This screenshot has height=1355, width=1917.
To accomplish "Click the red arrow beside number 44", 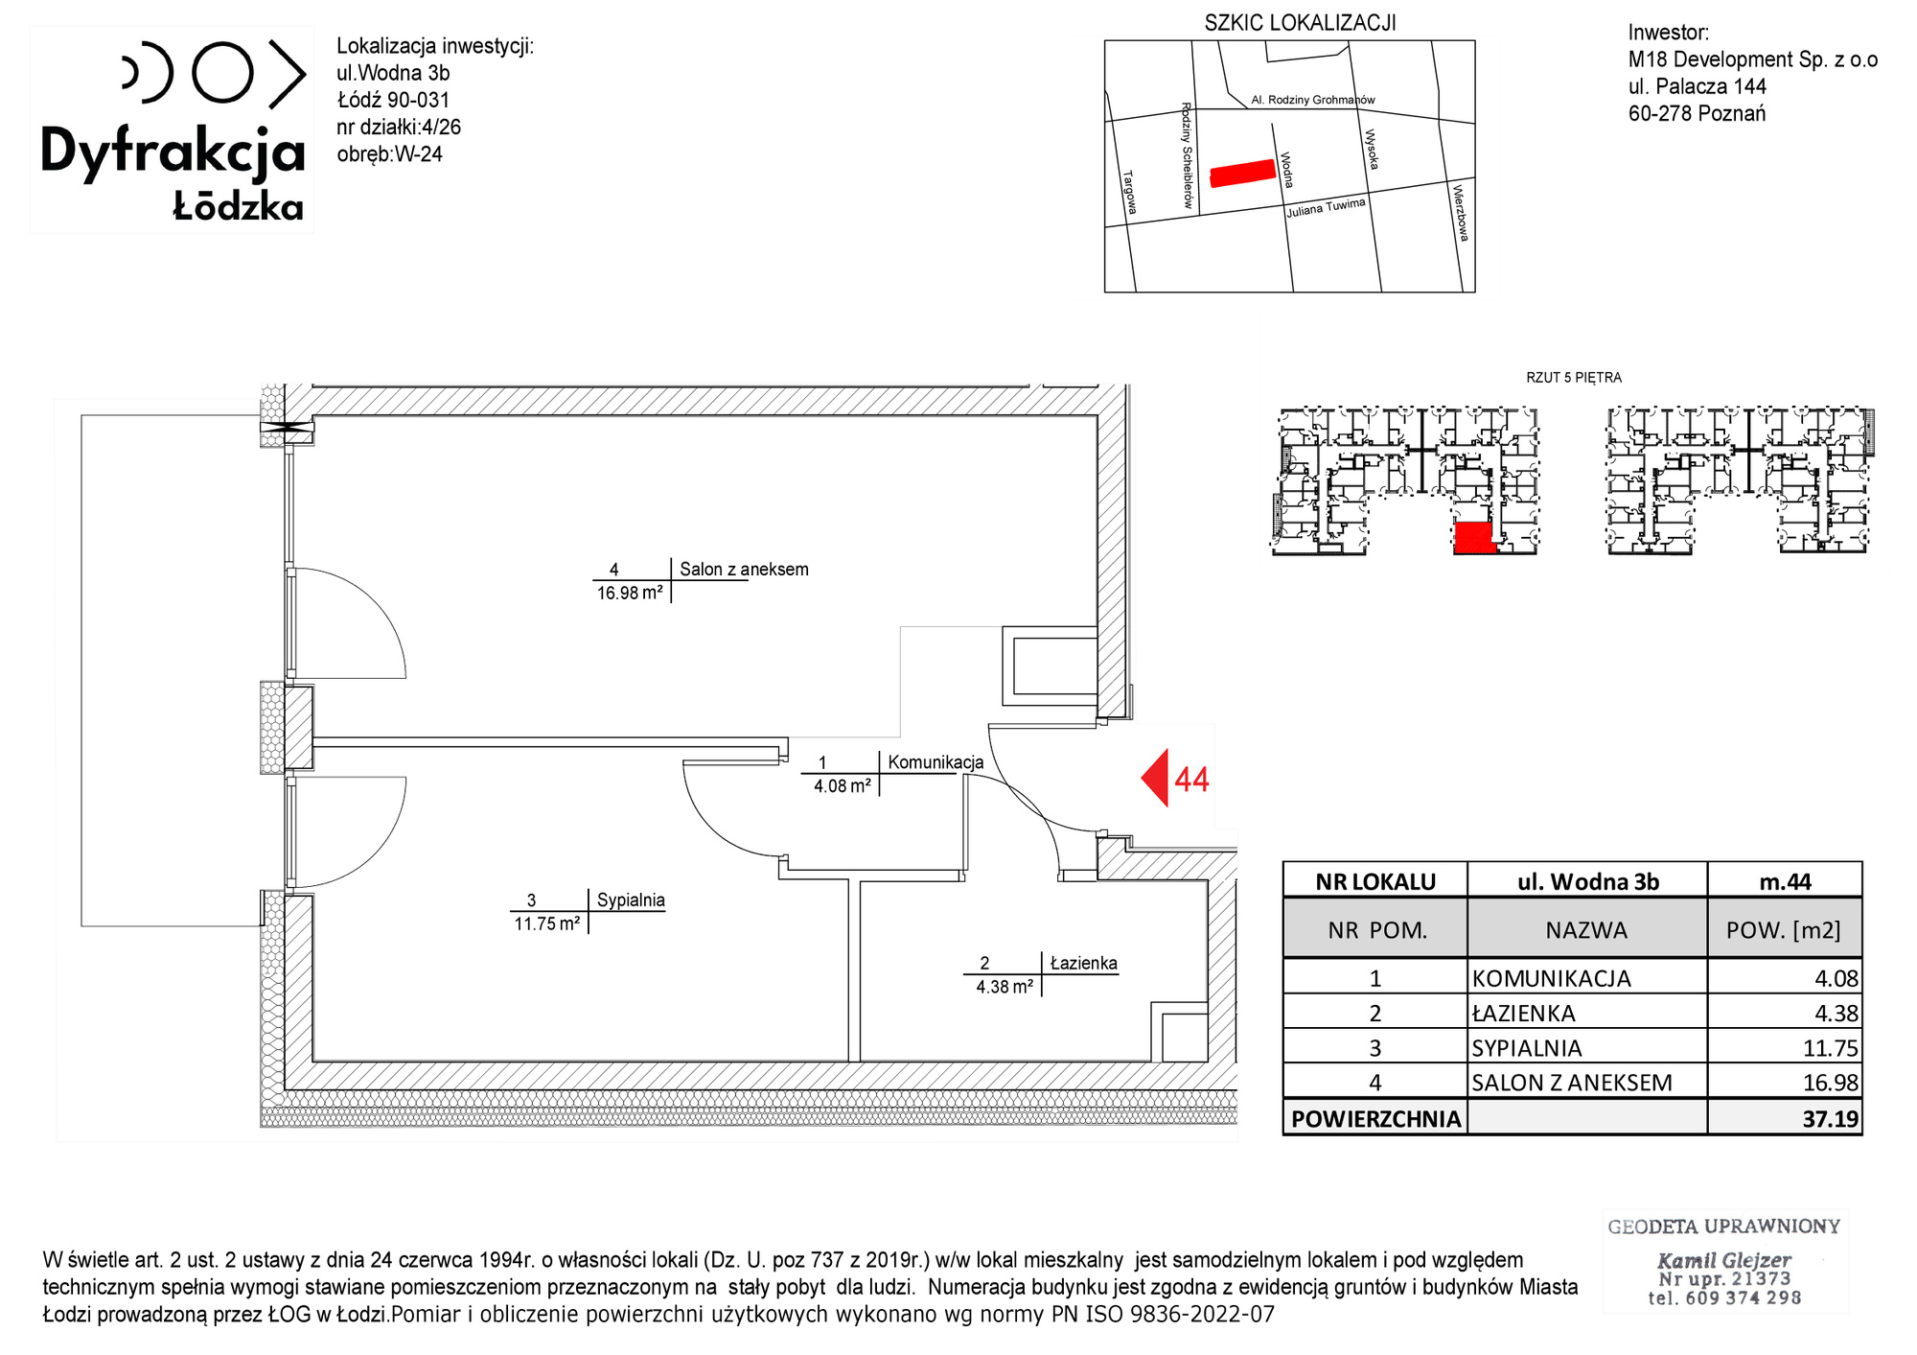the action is [1158, 778].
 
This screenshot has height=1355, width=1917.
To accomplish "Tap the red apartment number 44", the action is [1191, 780].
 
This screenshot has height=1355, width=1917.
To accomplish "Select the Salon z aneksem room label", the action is [744, 569].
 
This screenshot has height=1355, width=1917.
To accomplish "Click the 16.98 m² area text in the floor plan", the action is [630, 593].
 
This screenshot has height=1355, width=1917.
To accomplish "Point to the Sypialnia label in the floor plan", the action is [631, 899].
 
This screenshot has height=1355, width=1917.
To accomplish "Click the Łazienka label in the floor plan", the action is [1084, 963].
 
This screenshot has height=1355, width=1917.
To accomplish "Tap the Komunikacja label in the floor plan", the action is [935, 762].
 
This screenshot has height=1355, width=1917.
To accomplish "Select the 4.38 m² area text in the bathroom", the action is [1005, 987].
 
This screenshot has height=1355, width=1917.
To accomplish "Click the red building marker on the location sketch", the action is [1242, 173].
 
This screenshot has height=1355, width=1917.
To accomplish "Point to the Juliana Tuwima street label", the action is [1326, 207].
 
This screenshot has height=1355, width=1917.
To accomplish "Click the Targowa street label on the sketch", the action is [1129, 192].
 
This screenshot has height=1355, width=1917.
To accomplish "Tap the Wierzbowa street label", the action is [1460, 213].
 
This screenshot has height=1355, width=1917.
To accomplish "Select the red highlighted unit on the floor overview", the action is [1474, 538].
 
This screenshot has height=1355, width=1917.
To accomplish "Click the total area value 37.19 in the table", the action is [1830, 1119].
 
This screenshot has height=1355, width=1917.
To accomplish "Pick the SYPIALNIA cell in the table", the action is [1527, 1048].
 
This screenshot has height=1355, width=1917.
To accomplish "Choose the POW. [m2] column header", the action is [1783, 930].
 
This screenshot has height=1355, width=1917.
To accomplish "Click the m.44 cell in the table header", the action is [1785, 881].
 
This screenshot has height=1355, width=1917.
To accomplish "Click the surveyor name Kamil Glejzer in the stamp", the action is [1723, 1260].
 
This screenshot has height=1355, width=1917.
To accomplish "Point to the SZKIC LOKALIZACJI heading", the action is [1300, 23].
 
